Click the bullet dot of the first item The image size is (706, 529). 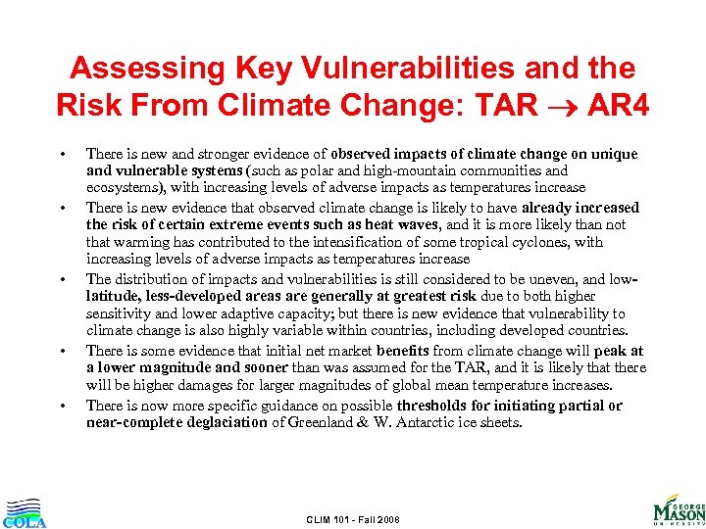(63, 154)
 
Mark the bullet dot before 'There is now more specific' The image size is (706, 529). (63, 405)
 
